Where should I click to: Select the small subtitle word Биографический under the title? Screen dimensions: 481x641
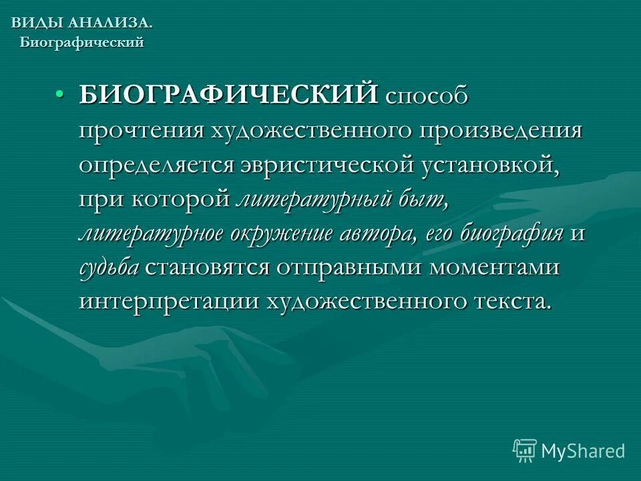coord(82,43)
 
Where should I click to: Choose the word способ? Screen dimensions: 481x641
coord(426,96)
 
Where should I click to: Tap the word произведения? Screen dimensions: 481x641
coord(500,130)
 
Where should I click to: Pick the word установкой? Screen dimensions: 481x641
coord(488,164)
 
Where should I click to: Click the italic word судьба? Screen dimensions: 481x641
coord(109,267)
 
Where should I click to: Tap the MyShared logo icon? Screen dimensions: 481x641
coord(525,451)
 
